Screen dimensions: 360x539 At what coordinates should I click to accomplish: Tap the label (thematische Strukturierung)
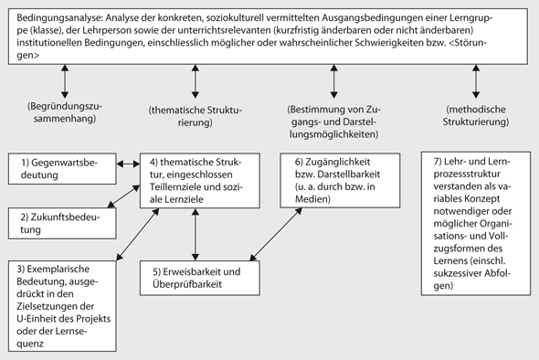[194, 116]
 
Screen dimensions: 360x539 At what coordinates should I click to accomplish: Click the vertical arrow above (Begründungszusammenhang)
[65, 81]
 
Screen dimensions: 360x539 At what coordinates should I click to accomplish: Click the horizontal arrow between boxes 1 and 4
[127, 165]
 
